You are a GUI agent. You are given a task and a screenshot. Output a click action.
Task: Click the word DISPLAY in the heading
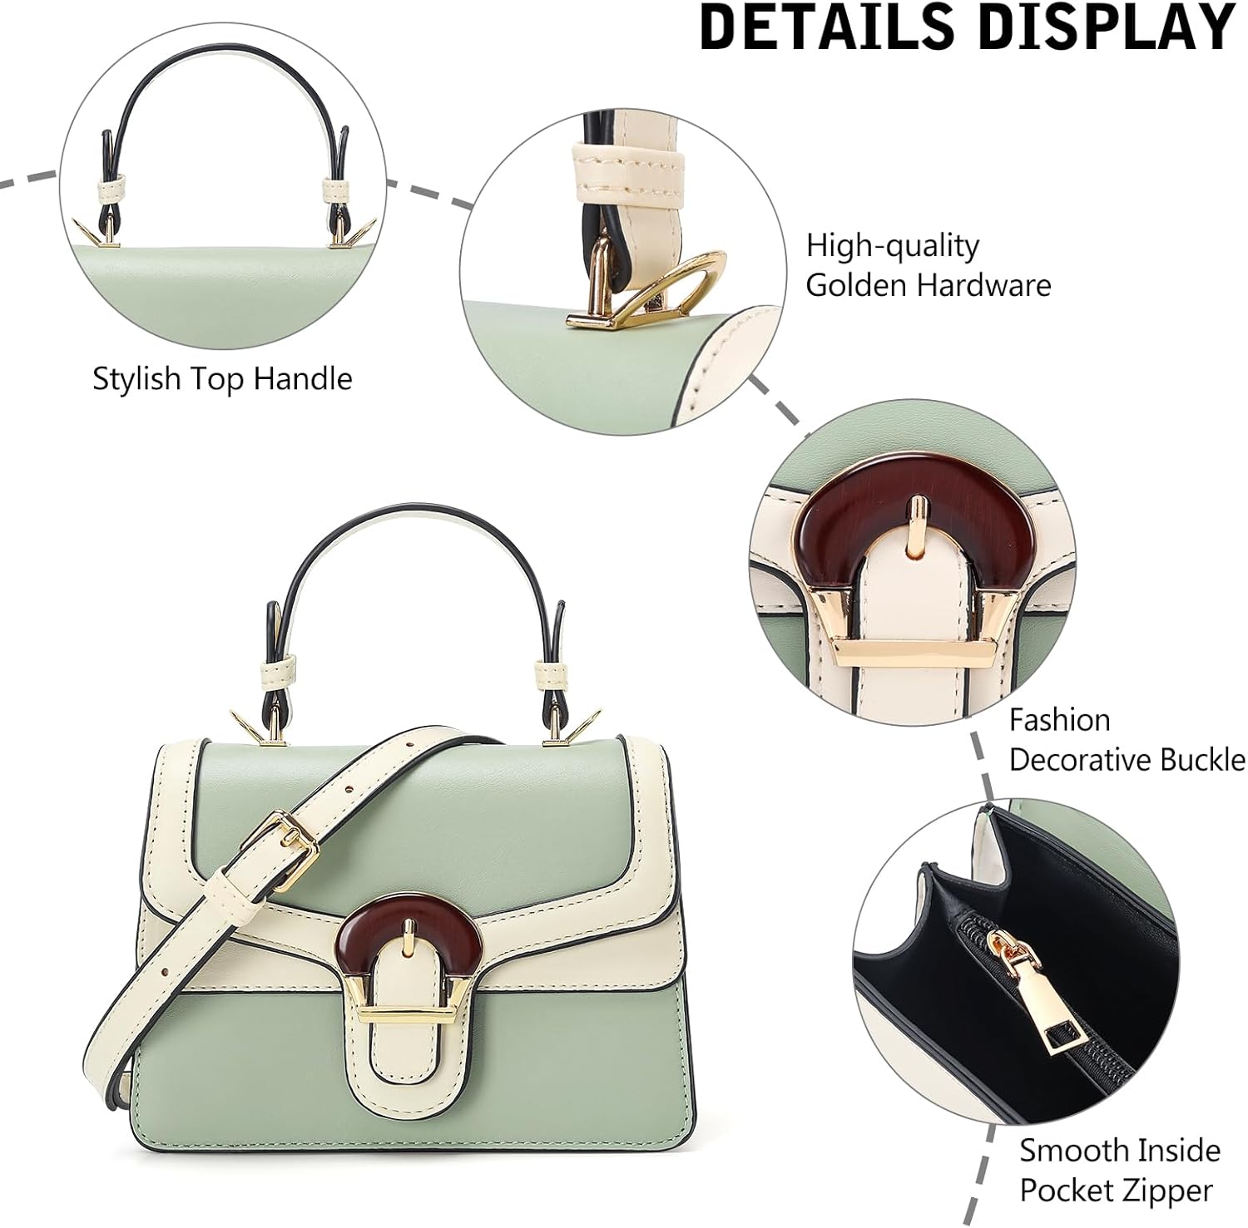pyautogui.click(x=1106, y=27)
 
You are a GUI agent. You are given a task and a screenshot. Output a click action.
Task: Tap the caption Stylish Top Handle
pyautogui.click(x=222, y=379)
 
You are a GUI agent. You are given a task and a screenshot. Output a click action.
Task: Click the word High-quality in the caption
pyautogui.click(x=892, y=246)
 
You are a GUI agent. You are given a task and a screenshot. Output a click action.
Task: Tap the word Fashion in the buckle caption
pyautogui.click(x=1059, y=720)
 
